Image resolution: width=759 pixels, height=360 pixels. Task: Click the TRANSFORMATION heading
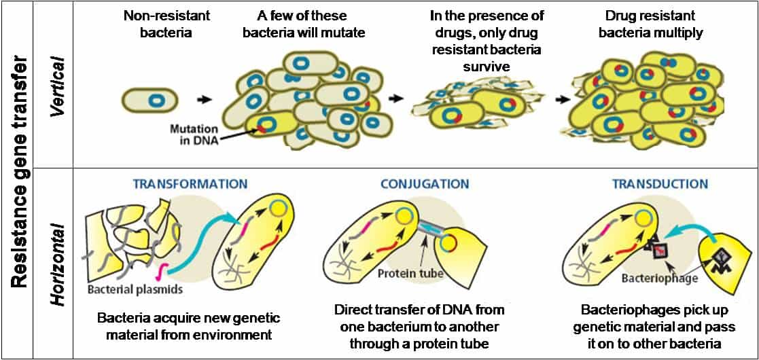pyautogui.click(x=190, y=184)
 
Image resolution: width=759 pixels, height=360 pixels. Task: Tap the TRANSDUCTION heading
pyautogui.click(x=659, y=184)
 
